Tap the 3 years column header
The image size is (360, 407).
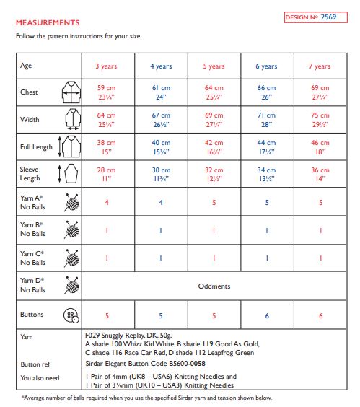point(107,66)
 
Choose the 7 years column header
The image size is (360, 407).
point(320,66)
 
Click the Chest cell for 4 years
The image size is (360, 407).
point(161,92)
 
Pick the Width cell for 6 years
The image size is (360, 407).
point(266,119)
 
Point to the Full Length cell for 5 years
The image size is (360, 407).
point(214,147)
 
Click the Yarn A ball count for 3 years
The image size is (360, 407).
point(107,203)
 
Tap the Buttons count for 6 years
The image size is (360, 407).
point(266,315)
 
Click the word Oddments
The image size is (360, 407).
point(214,286)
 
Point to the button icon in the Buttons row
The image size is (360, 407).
point(71,315)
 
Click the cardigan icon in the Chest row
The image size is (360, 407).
point(70,92)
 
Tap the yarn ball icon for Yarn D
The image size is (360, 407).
point(71,286)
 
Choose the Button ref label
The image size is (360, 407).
point(35,364)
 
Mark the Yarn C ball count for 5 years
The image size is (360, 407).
point(214,258)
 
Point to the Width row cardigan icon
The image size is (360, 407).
point(70,119)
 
